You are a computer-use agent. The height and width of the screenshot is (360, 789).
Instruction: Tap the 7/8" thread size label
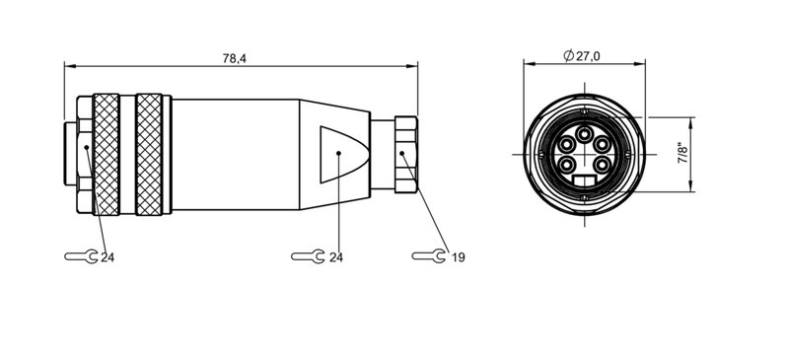pyautogui.click(x=683, y=155)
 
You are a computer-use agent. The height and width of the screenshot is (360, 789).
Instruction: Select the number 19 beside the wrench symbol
pyautogui.click(x=458, y=257)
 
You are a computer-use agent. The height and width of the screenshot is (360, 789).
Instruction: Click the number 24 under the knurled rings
pyautogui.click(x=108, y=257)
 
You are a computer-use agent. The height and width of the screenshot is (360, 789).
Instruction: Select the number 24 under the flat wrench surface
pyautogui.click(x=335, y=257)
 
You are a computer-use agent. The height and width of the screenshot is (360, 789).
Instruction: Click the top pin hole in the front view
pyautogui.click(x=584, y=133)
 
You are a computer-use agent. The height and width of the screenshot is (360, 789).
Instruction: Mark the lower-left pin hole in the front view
pyautogui.click(x=569, y=165)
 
